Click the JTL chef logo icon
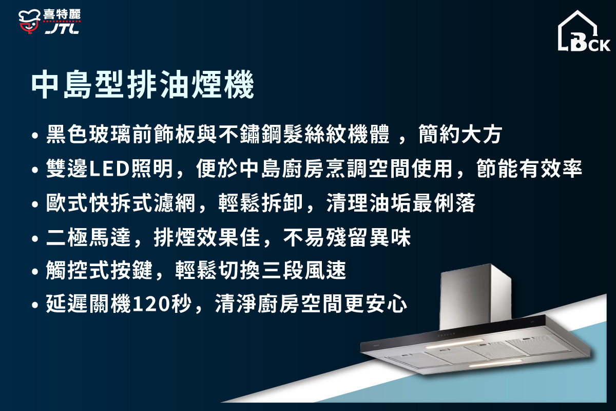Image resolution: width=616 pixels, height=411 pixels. point(29,22)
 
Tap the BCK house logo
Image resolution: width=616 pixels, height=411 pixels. point(584,32)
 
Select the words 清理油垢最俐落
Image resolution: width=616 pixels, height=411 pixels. point(401,204)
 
